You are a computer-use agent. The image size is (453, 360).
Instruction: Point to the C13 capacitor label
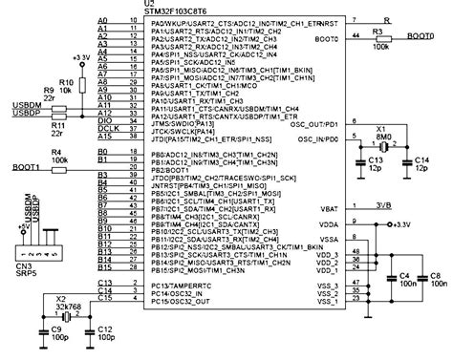(x=377, y=164)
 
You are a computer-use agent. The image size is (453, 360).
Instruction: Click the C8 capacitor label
(x=435, y=275)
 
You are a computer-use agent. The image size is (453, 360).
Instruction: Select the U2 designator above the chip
(x=146, y=4)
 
